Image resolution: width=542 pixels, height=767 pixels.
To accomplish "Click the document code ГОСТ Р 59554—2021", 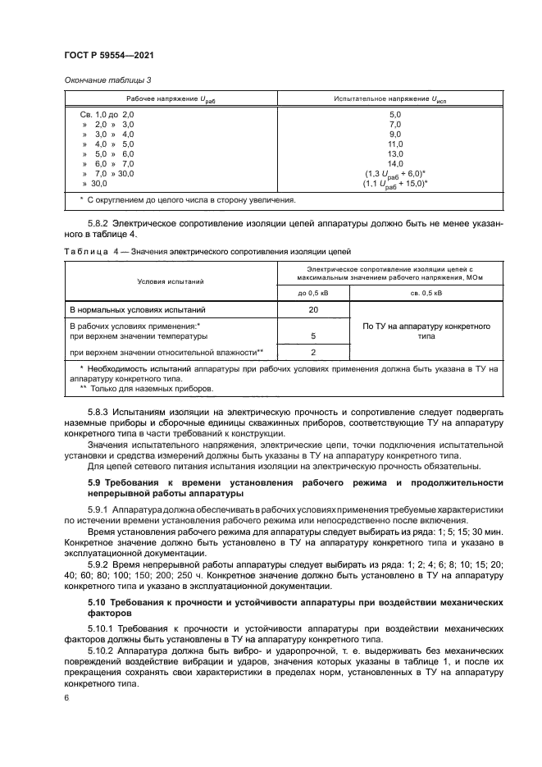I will pos(109,54).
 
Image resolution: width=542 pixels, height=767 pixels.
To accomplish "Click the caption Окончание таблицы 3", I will pos(107,80).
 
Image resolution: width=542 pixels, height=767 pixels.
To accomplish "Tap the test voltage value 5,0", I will pos(394,114).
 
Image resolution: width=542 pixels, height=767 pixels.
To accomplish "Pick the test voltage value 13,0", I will pos(394,153).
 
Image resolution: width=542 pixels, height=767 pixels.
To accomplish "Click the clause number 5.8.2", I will pos(98,222).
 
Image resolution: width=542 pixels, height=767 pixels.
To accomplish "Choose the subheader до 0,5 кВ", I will pos(314,292).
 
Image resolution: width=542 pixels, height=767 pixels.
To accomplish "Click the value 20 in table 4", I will pos(314,310).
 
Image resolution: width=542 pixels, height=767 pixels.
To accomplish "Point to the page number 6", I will pos(66,697).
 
